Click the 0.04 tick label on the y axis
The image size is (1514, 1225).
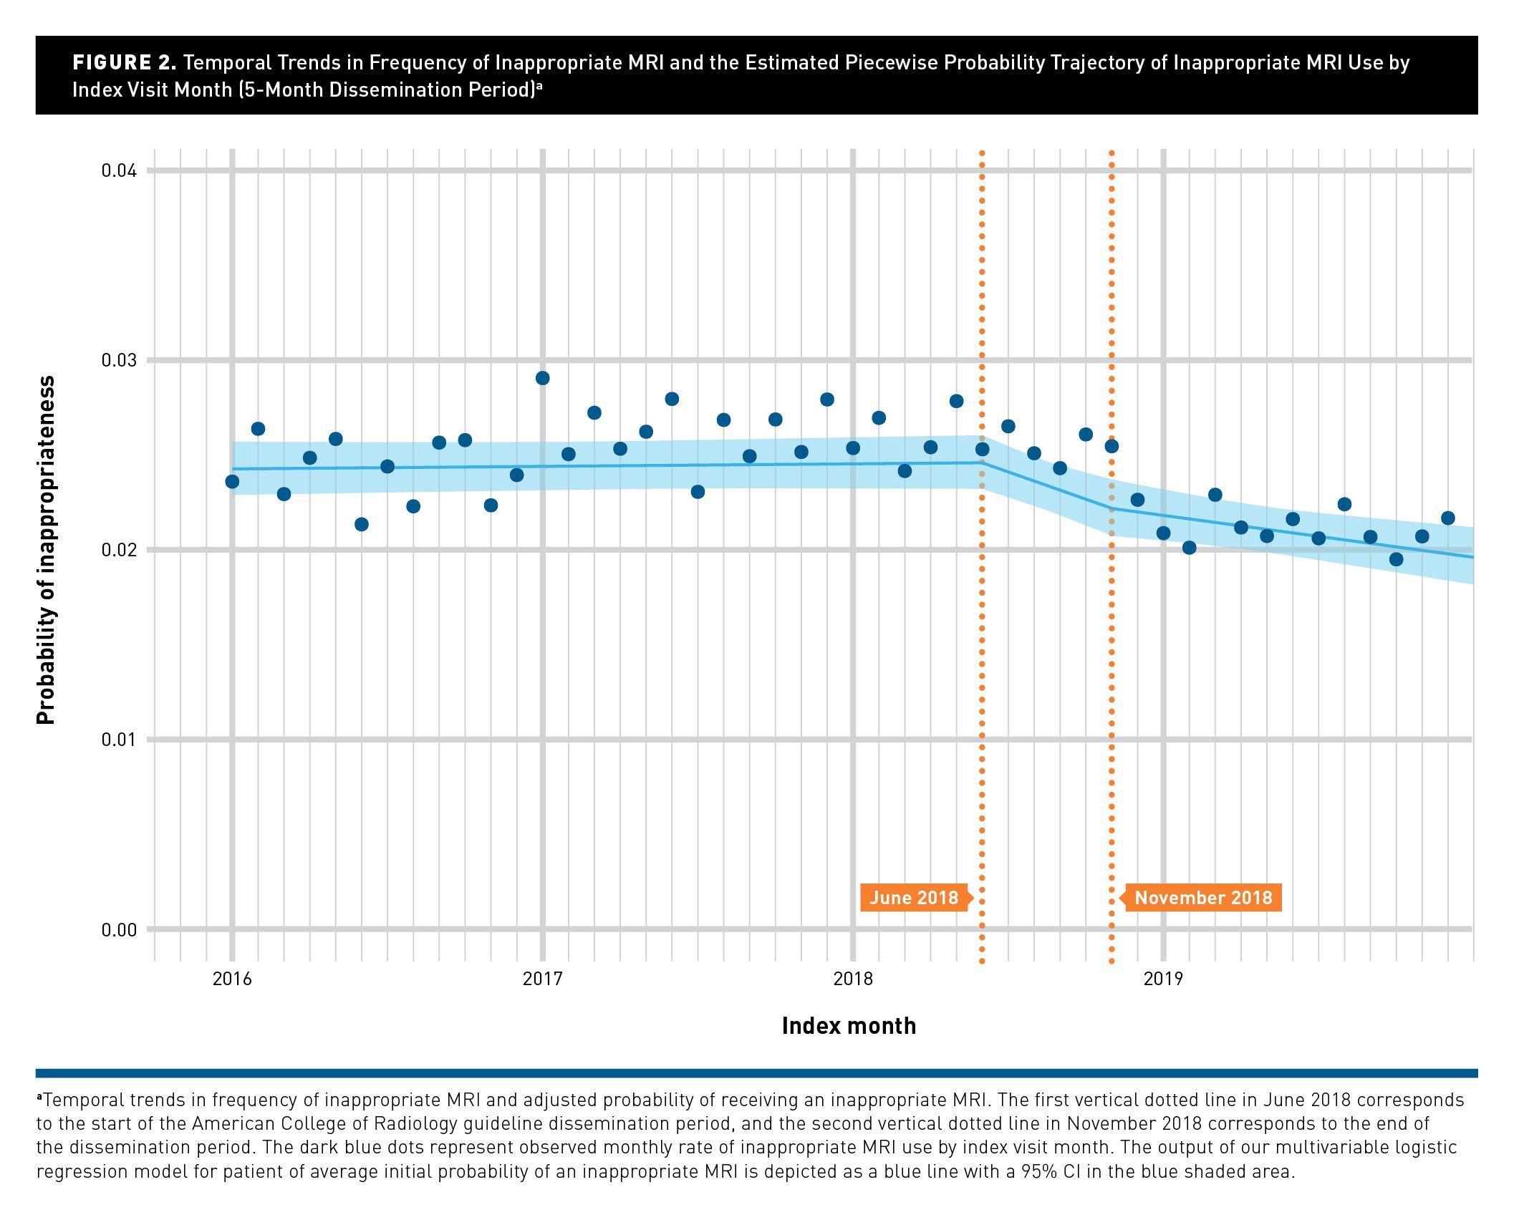[119, 170]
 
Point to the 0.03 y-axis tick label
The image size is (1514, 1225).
[119, 360]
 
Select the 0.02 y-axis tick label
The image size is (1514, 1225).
[119, 550]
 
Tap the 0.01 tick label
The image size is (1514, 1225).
[119, 740]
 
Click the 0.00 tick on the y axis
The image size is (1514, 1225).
[119, 930]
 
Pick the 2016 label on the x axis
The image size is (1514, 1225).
[232, 979]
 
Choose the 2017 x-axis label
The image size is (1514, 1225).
[542, 979]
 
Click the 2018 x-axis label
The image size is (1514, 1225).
[853, 979]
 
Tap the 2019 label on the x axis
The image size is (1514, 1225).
[1163, 979]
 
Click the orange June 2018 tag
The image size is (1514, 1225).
[913, 898]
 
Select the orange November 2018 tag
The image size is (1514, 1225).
[1203, 898]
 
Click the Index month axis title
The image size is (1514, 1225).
[849, 1026]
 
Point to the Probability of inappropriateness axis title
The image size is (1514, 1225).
[46, 550]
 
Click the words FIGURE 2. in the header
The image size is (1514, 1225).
[124, 63]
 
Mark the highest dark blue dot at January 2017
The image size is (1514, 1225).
[542, 378]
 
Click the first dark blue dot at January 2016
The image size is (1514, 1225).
[232, 482]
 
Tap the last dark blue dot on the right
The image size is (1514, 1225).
[1447, 518]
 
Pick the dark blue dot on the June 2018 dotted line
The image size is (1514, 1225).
[983, 449]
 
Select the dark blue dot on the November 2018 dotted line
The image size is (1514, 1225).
[1112, 446]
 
